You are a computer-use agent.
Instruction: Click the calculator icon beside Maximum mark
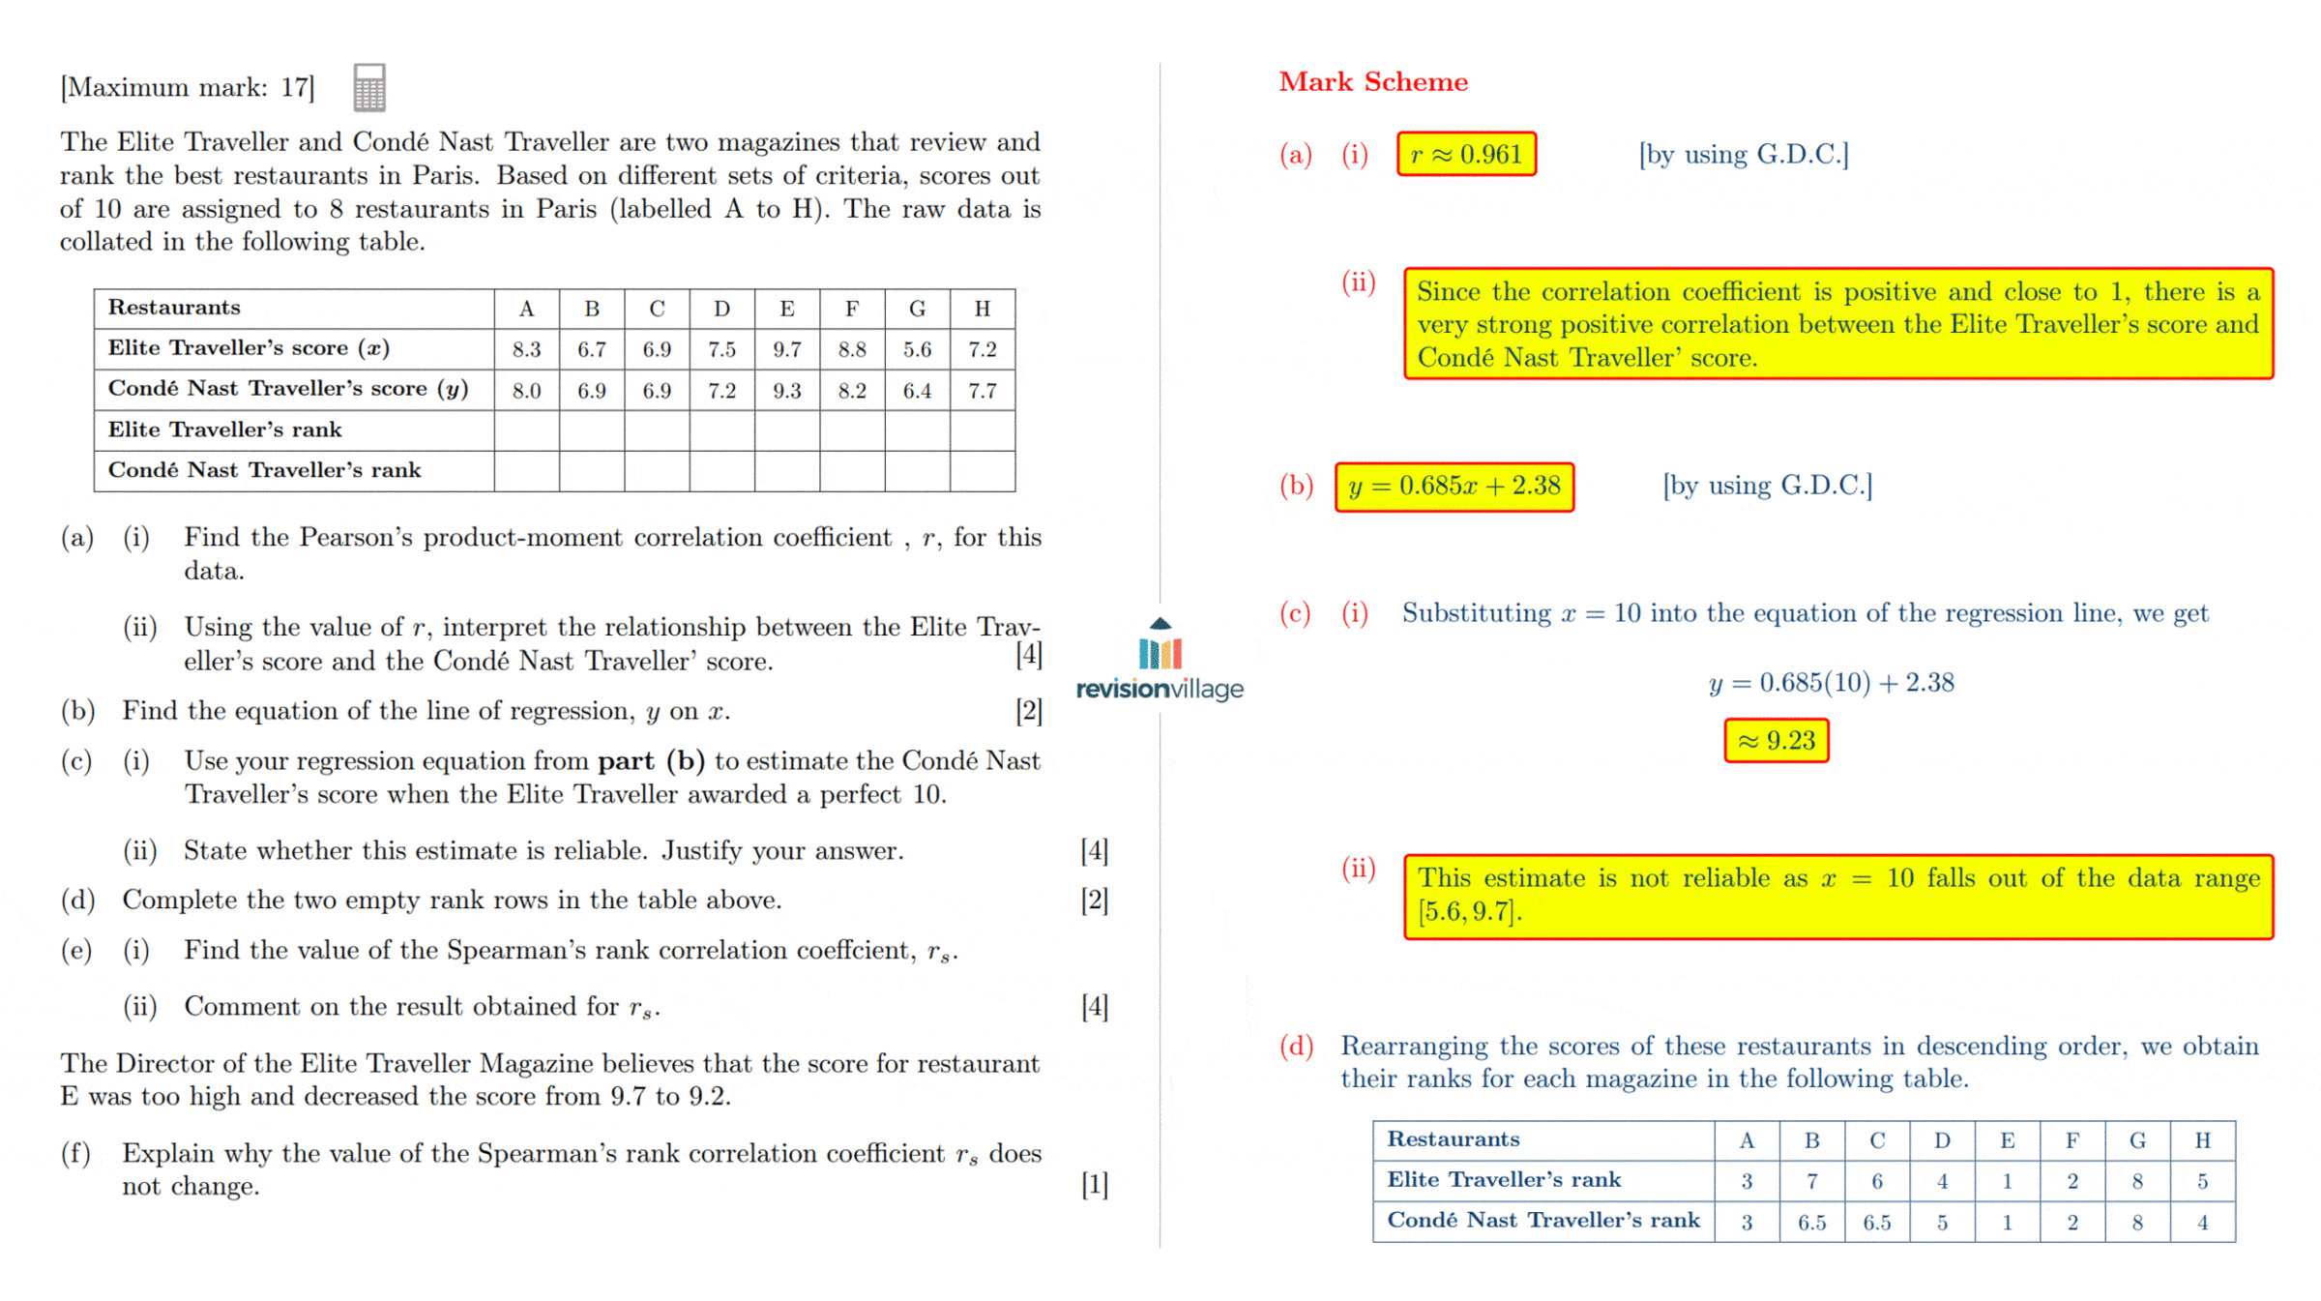pyautogui.click(x=368, y=88)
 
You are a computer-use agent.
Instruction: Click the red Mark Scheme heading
pyautogui.click(x=1372, y=82)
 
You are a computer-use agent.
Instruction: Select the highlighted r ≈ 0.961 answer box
pyautogui.click(x=1466, y=155)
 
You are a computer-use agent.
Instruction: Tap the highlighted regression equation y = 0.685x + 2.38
pyautogui.click(x=1454, y=487)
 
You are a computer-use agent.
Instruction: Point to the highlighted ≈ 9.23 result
pyautogui.click(x=1776, y=742)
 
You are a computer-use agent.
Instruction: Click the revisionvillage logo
pyautogui.click(x=1160, y=662)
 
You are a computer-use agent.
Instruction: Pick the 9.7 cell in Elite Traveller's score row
pyautogui.click(x=786, y=349)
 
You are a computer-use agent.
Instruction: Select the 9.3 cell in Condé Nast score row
pyautogui.click(x=786, y=391)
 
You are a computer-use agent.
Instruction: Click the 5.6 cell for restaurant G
pyautogui.click(x=917, y=349)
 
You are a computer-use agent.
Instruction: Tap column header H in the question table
pyautogui.click(x=982, y=309)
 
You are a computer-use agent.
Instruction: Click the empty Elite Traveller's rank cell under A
pyautogui.click(x=526, y=430)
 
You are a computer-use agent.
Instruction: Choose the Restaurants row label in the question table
pyautogui.click(x=174, y=308)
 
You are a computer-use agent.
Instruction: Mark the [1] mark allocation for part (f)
pyautogui.click(x=1094, y=1185)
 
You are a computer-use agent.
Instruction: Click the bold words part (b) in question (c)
pyautogui.click(x=650, y=761)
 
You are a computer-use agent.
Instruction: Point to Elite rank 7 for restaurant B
pyautogui.click(x=1811, y=1181)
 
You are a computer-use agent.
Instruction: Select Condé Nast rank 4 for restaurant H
pyautogui.click(x=2202, y=1223)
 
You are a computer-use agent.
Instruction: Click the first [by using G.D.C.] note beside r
pyautogui.click(x=1743, y=155)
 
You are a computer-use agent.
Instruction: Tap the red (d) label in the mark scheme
pyautogui.click(x=1296, y=1046)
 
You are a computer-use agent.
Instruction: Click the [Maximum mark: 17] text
pyautogui.click(x=188, y=88)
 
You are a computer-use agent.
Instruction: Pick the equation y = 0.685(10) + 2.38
pyautogui.click(x=1831, y=684)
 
